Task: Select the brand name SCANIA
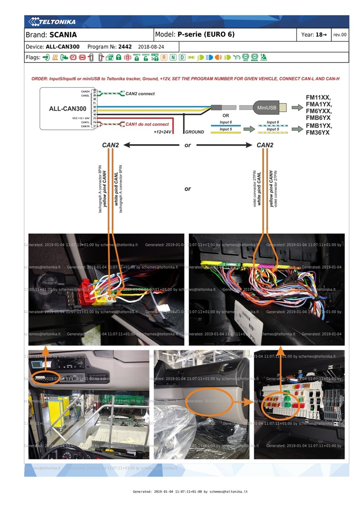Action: [x=63, y=35]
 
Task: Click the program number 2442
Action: [x=125, y=47]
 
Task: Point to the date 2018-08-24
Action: [x=151, y=47]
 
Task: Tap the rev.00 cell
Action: [x=340, y=35]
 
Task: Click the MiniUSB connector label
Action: [x=267, y=107]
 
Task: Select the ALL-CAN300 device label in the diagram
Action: [x=68, y=109]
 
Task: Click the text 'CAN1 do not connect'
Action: [x=147, y=124]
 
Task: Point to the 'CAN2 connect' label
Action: [x=140, y=93]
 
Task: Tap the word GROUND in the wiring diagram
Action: [x=195, y=132]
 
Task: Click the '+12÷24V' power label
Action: [x=163, y=132]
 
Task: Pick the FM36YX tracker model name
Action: [x=318, y=132]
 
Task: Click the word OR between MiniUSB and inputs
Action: [x=225, y=116]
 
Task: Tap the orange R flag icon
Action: [x=164, y=58]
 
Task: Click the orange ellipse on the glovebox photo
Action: [x=209, y=401]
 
